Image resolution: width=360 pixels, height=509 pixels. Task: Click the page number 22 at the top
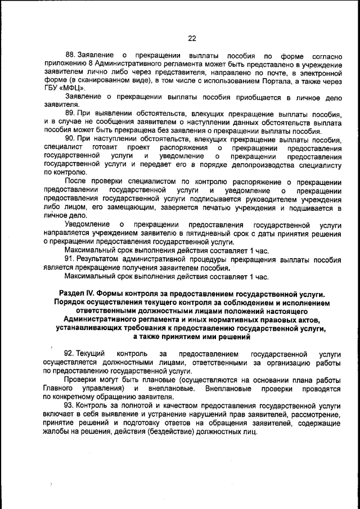(192, 38)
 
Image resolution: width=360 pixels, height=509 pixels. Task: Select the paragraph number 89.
(70, 113)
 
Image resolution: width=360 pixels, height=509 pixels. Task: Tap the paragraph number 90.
(70, 139)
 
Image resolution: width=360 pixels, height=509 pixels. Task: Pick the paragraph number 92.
(70, 354)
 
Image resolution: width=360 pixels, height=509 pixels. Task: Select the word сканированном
(99, 80)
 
